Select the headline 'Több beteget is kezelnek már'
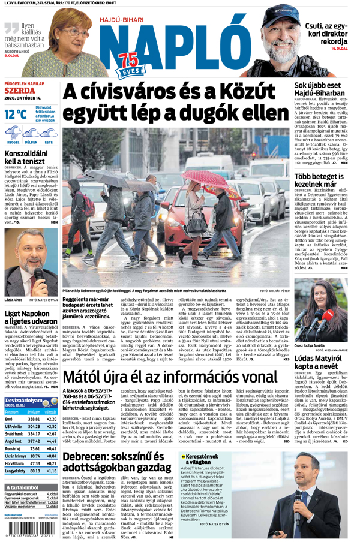click(319, 181)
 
